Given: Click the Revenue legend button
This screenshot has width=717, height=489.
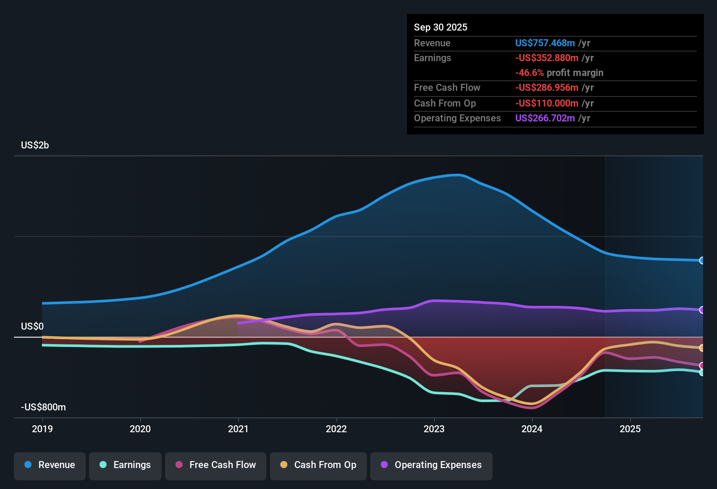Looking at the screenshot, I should coord(50,465).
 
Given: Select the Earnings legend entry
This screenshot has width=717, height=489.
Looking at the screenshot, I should coord(125,465).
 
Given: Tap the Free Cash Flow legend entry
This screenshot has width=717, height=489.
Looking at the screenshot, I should coord(216,465).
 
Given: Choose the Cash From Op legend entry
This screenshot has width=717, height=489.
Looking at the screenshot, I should coord(318,465).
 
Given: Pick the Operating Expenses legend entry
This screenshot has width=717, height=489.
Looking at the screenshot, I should coord(431,465).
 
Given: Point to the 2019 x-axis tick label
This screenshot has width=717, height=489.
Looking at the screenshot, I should coord(42,429).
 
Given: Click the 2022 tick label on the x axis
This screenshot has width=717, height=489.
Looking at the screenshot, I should coord(336,429).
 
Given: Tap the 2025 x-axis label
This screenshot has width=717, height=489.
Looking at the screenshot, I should coord(630,429).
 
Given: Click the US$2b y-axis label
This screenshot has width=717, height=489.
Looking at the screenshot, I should coord(35,145).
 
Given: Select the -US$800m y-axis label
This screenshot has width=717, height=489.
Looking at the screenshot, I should coord(43,407).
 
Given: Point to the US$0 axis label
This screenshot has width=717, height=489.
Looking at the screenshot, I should coord(32,327).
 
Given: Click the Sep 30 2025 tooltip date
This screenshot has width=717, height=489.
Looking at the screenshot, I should coord(440,28).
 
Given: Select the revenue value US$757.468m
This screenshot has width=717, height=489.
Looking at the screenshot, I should coord(545,43).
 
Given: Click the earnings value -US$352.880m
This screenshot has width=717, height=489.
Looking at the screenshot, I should coord(547,58).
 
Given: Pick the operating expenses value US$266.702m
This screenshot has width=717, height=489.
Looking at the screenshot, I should coord(545,118).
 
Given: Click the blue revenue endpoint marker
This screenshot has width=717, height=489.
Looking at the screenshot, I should coord(702,261).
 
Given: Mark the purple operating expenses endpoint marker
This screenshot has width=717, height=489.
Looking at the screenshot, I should coord(702,310).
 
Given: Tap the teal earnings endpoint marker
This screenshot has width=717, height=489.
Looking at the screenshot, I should coord(702,372).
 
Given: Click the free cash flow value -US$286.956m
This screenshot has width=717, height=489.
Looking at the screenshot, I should coord(547,88).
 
